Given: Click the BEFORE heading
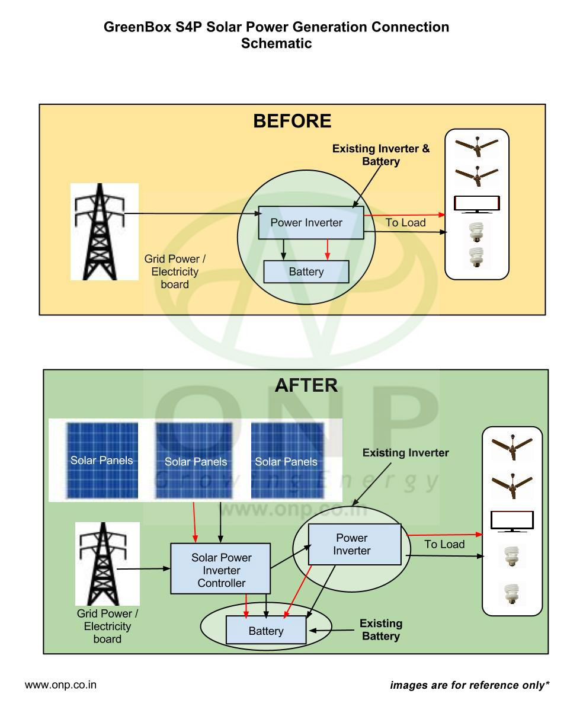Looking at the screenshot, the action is (x=292, y=121).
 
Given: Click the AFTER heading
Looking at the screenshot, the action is (x=306, y=385).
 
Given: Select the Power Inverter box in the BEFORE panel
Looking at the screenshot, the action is (x=311, y=222).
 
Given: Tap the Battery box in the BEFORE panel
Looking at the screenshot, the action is (x=306, y=271).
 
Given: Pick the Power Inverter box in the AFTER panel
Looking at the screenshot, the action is (x=354, y=544).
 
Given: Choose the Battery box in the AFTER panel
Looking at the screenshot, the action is (x=266, y=631).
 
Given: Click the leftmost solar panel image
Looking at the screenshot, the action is (x=102, y=461).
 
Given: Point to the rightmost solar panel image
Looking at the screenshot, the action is (x=287, y=461).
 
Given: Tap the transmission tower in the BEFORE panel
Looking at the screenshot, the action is (x=100, y=232).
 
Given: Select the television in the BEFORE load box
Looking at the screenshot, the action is (x=477, y=204).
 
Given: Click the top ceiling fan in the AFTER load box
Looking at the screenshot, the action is (x=512, y=447).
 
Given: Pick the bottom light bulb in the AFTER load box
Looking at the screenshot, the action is (x=511, y=594).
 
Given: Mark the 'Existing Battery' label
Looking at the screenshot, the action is (x=381, y=629).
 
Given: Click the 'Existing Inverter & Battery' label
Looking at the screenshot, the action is (x=381, y=155).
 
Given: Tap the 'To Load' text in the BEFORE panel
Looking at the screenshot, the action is (x=406, y=222).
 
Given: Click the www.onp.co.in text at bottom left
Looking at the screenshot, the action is (x=60, y=685).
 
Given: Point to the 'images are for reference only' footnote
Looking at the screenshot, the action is (x=469, y=685).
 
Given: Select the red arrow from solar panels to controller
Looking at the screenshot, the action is (x=194, y=522).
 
